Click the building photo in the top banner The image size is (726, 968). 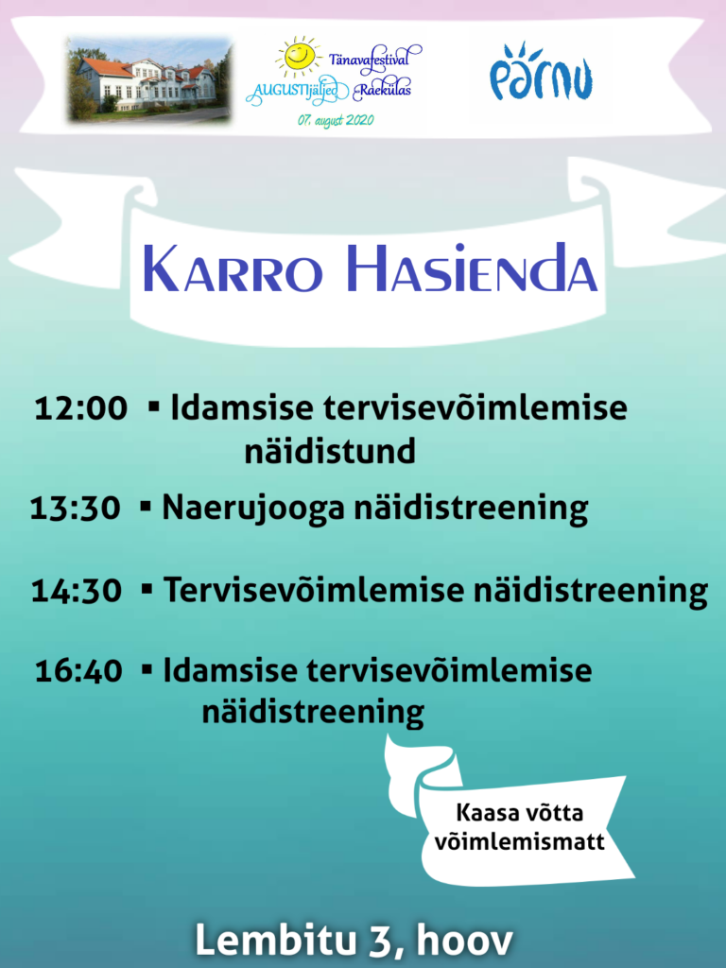tap(149, 79)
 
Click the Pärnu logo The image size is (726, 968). tap(541, 72)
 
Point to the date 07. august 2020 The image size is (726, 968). tap(336, 120)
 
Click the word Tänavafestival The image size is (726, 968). tap(370, 60)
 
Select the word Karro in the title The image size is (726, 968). tap(233, 269)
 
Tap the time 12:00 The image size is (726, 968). tap(81, 408)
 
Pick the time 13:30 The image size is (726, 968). tap(76, 509)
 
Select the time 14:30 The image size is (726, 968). tap(77, 591)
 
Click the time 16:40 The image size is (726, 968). tap(79, 671)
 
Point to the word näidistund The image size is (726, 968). tap(330, 451)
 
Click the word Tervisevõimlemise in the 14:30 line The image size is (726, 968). tap(314, 590)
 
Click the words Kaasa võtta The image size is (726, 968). tap(519, 813)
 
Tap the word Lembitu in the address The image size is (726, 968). tap(276, 941)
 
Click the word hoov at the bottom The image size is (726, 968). tap(465, 941)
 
